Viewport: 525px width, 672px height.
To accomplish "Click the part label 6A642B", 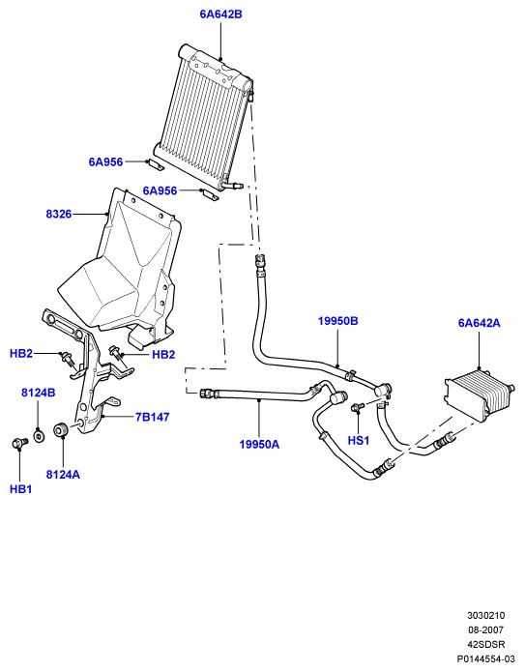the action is coord(220,15).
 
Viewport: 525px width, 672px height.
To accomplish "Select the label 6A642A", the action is coord(480,323).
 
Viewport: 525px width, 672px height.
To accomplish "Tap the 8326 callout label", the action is coord(59,214).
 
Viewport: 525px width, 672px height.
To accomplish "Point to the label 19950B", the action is coord(337,321).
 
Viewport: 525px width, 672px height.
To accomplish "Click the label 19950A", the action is coord(259,445).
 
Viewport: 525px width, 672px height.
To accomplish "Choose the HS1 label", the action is coord(359,440).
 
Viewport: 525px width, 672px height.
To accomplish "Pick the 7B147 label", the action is coord(152,417).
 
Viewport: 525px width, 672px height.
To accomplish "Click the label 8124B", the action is coord(38,393).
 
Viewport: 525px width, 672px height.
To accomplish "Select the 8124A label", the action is coord(63,475).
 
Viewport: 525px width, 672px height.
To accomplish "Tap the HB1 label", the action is coord(20,489).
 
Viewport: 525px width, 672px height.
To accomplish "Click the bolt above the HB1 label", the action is coord(19,443).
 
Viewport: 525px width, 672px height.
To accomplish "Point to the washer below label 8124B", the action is coord(39,436).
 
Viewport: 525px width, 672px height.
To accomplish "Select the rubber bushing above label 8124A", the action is coord(61,429).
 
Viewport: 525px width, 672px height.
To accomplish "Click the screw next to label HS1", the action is coord(357,407).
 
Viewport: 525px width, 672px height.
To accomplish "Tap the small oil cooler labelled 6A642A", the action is coord(479,394).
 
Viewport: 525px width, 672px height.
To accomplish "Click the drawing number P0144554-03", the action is coord(485,658).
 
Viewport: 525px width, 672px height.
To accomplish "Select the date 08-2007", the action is coord(485,630).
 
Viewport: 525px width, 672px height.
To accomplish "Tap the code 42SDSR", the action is coord(485,644).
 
